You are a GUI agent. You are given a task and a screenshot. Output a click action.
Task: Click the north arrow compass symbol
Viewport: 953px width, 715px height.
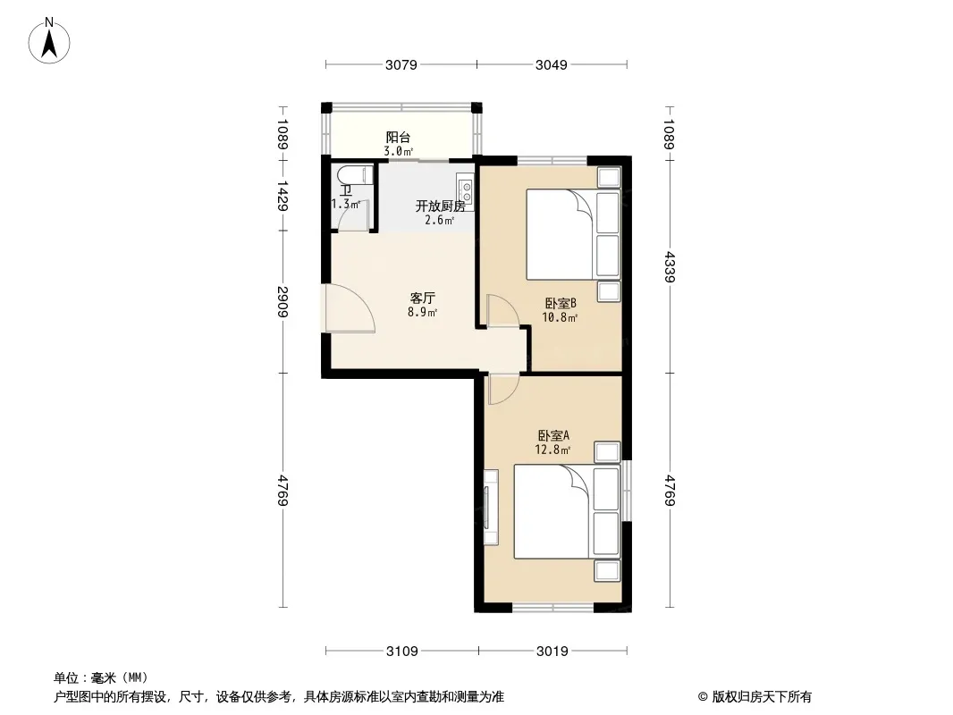[x=49, y=41]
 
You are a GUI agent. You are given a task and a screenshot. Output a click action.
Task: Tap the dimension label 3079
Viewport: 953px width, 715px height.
[x=401, y=64]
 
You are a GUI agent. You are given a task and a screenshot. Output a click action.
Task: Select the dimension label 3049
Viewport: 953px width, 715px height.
[x=552, y=64]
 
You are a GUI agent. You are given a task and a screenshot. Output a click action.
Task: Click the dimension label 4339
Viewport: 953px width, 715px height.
[x=670, y=266]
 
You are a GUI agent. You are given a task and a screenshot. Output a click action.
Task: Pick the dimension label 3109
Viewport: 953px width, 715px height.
[x=402, y=652]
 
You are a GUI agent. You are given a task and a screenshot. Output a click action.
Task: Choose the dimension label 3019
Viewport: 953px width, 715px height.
[x=552, y=652]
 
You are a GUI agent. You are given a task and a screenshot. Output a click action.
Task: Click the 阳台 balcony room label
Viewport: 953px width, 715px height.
[x=398, y=138]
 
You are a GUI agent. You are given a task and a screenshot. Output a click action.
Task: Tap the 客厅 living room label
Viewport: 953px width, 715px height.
[x=422, y=299]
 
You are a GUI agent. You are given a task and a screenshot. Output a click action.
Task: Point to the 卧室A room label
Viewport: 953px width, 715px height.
[x=553, y=435]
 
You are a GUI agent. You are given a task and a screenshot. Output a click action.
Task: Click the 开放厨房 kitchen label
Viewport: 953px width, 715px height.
[x=440, y=206]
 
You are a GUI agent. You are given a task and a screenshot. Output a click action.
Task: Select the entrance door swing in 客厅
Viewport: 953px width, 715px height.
[x=350, y=308]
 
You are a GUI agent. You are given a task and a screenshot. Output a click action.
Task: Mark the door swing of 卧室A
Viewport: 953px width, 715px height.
[x=502, y=389]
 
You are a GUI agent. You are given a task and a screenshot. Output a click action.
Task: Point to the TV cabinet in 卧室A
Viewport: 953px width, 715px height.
[x=491, y=508]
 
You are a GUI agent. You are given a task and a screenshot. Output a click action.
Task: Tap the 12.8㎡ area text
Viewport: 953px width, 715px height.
[x=552, y=450]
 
